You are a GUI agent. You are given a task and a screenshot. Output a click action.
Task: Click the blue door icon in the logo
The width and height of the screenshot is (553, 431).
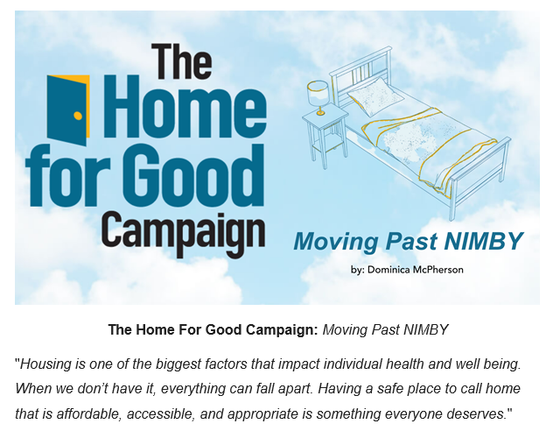(67, 110)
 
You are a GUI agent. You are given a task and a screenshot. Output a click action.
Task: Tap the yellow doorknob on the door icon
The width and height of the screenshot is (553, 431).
(78, 116)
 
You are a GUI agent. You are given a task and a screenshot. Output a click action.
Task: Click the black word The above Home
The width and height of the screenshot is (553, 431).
(182, 61)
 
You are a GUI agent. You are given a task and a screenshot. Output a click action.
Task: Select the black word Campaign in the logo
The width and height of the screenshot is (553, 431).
(184, 231)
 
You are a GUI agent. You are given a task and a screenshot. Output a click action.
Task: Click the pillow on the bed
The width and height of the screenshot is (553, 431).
(375, 95)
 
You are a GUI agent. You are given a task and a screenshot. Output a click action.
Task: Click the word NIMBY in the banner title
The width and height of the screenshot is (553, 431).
(483, 242)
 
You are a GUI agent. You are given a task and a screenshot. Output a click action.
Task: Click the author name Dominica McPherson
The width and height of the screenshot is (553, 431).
(415, 270)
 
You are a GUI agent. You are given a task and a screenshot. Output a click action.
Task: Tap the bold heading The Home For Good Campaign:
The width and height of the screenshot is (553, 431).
(213, 329)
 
